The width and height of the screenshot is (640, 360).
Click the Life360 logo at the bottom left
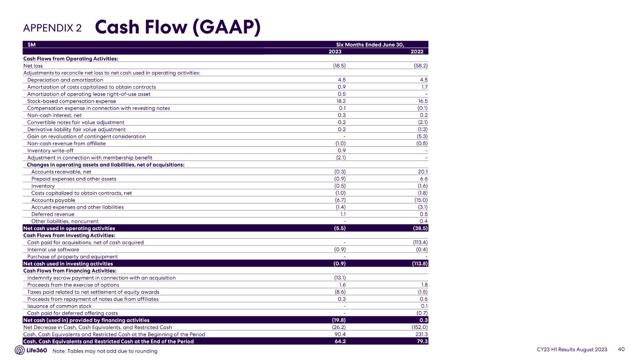[31, 351]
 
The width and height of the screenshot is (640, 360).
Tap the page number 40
[622, 350]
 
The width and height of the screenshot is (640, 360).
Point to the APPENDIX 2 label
[53, 28]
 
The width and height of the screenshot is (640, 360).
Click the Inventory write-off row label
[50, 150]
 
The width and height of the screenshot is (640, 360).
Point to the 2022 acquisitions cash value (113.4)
[418, 242]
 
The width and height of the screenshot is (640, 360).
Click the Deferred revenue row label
[53, 214]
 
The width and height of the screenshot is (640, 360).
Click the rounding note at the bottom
[105, 351]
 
